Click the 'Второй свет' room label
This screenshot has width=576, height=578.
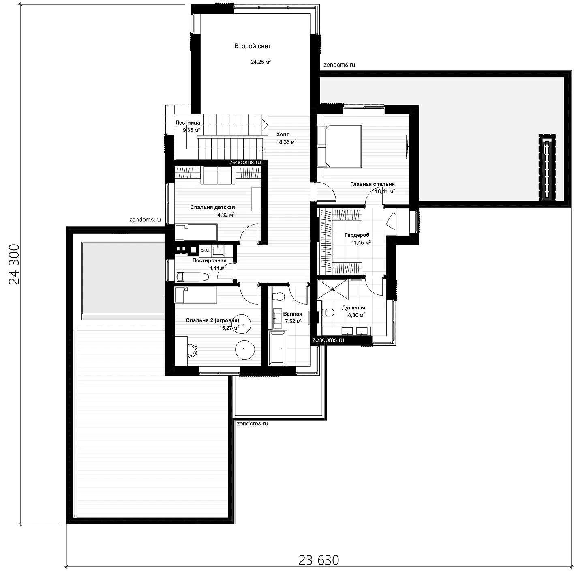click(x=253, y=46)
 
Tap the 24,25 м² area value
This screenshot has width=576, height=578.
click(x=261, y=62)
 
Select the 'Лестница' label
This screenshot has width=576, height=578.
click(x=188, y=122)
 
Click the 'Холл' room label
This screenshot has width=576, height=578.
click(x=283, y=135)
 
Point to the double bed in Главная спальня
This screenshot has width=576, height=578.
click(x=339, y=146)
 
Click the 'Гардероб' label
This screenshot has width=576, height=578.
click(x=357, y=235)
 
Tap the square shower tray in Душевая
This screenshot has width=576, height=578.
click(x=332, y=289)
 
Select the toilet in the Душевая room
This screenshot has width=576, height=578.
click(x=328, y=313)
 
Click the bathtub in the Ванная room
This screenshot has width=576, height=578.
click(x=278, y=348)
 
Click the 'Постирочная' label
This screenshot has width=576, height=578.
click(x=209, y=261)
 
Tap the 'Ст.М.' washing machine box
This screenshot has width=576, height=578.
click(x=205, y=250)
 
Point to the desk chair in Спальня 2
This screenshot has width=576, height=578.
click(x=192, y=350)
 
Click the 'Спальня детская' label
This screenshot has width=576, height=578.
click(x=212, y=208)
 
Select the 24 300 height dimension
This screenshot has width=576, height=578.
click(x=14, y=264)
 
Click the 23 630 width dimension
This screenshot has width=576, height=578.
click(x=319, y=560)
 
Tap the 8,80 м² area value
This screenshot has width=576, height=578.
click(x=357, y=315)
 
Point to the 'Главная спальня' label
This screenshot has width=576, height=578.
click(x=373, y=184)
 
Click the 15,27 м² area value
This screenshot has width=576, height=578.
click(x=229, y=328)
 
